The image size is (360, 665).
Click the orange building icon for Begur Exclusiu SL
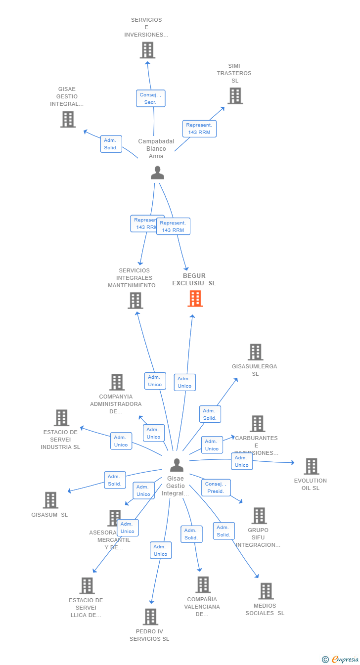pos(195,299)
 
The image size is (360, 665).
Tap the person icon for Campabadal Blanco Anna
pos(157,173)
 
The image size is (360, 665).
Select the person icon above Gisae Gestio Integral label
pos(177,465)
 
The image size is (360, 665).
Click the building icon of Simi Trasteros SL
pos(235,95)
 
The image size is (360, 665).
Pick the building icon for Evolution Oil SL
pos(311,466)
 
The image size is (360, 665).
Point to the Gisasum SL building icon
pos(50,500)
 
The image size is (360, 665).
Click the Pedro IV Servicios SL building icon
pos(150,617)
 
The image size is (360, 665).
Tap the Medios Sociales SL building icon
pos(266,591)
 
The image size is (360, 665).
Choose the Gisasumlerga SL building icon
pos(255,352)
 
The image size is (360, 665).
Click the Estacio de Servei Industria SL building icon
pos(61,418)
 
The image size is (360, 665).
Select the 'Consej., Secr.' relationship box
pos(150,98)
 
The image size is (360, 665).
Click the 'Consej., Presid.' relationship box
pos(216,488)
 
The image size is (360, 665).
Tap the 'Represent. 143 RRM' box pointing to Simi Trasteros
pos(199,129)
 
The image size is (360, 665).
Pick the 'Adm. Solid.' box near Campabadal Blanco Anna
pos(111,144)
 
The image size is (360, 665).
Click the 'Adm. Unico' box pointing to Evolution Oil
pos(241,461)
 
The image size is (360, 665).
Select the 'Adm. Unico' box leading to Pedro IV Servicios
pos(160,550)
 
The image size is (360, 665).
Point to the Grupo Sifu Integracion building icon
pos(259,516)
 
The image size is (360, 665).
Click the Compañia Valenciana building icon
pos(203,584)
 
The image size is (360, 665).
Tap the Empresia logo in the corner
pos(340,659)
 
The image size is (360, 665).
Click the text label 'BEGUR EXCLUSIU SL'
pos(194,280)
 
